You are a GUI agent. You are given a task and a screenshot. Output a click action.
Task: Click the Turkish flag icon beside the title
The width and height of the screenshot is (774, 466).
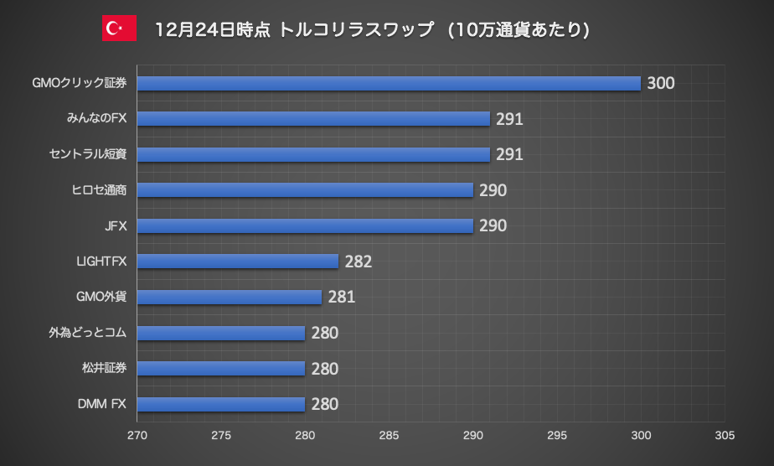point(119,28)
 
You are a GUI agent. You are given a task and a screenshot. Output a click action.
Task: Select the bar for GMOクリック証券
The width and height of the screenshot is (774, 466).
point(388,83)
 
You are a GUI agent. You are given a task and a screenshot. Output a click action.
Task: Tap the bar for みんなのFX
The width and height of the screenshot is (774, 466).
point(312,119)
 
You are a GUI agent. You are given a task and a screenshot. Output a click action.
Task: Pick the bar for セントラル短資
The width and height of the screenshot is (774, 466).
point(312,154)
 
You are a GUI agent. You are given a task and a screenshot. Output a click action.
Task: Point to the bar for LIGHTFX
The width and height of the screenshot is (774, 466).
point(237,261)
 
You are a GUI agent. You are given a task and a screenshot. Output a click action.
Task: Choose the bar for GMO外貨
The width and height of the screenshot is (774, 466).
point(229,297)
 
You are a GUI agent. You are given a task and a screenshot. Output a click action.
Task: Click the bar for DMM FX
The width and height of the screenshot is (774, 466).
point(220,404)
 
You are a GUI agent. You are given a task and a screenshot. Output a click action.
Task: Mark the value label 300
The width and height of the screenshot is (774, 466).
point(660,83)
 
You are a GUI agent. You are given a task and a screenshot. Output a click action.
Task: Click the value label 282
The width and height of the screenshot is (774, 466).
point(358,261)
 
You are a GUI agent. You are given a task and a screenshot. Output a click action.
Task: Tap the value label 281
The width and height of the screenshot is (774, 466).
point(341,297)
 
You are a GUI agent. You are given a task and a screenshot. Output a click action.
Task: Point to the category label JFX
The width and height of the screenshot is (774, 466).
point(114,226)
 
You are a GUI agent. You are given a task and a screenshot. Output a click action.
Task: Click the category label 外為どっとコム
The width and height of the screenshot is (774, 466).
point(88,333)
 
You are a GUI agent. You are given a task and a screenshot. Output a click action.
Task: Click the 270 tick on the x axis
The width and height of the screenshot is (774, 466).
point(137,436)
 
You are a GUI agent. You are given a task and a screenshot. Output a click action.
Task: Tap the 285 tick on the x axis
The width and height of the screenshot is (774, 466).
point(389,436)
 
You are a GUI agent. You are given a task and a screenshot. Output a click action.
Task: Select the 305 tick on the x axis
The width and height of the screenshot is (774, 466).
point(725,436)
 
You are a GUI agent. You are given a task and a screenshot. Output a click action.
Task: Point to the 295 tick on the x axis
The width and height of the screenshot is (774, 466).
point(557,436)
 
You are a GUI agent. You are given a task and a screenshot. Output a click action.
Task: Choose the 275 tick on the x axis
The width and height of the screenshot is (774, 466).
point(220,436)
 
